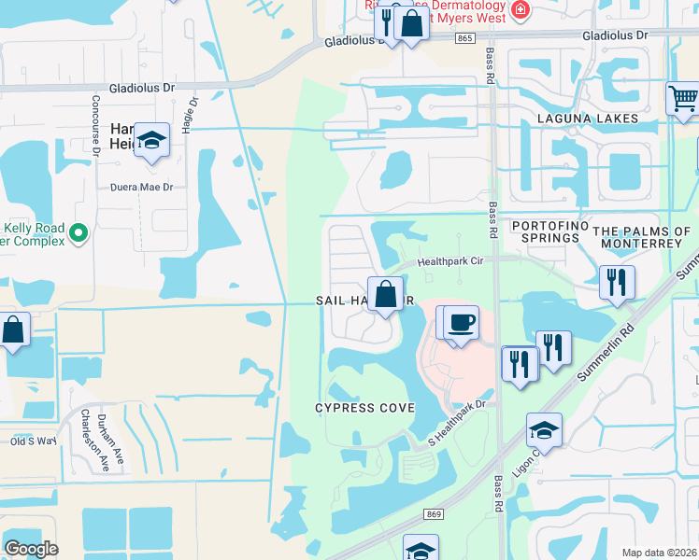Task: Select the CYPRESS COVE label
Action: pyautogui.click(x=364, y=408)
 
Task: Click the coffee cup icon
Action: pyautogui.click(x=461, y=323)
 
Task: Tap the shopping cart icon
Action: pyautogui.click(x=683, y=97)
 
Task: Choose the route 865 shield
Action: pyautogui.click(x=465, y=37)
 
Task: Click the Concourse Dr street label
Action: pyautogui.click(x=95, y=122)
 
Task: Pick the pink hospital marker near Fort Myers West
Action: pyautogui.click(x=521, y=13)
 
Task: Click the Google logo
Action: pyautogui.click(x=31, y=549)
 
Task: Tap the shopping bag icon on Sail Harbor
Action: pyautogui.click(x=385, y=294)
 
